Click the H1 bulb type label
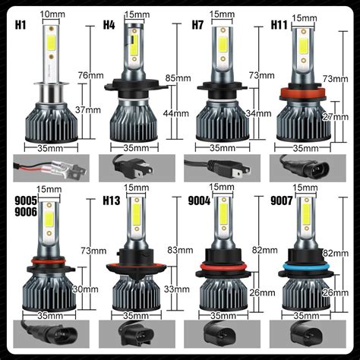[21, 24]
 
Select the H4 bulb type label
[111, 24]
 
